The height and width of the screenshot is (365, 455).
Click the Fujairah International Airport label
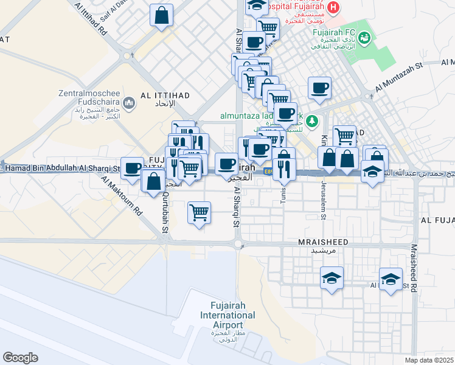[x=232, y=316]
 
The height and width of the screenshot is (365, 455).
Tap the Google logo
[x=20, y=358]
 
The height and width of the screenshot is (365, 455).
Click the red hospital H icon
[x=333, y=8]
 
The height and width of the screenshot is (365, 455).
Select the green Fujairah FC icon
[x=364, y=38]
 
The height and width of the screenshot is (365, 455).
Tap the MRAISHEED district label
[x=323, y=242]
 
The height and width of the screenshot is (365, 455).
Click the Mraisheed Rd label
[x=414, y=268]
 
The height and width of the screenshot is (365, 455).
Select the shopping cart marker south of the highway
[x=199, y=213]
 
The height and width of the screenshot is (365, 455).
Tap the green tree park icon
[x=312, y=120]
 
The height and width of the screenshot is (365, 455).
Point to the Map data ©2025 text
[x=429, y=360]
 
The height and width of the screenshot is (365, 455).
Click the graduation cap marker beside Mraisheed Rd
[x=391, y=279]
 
